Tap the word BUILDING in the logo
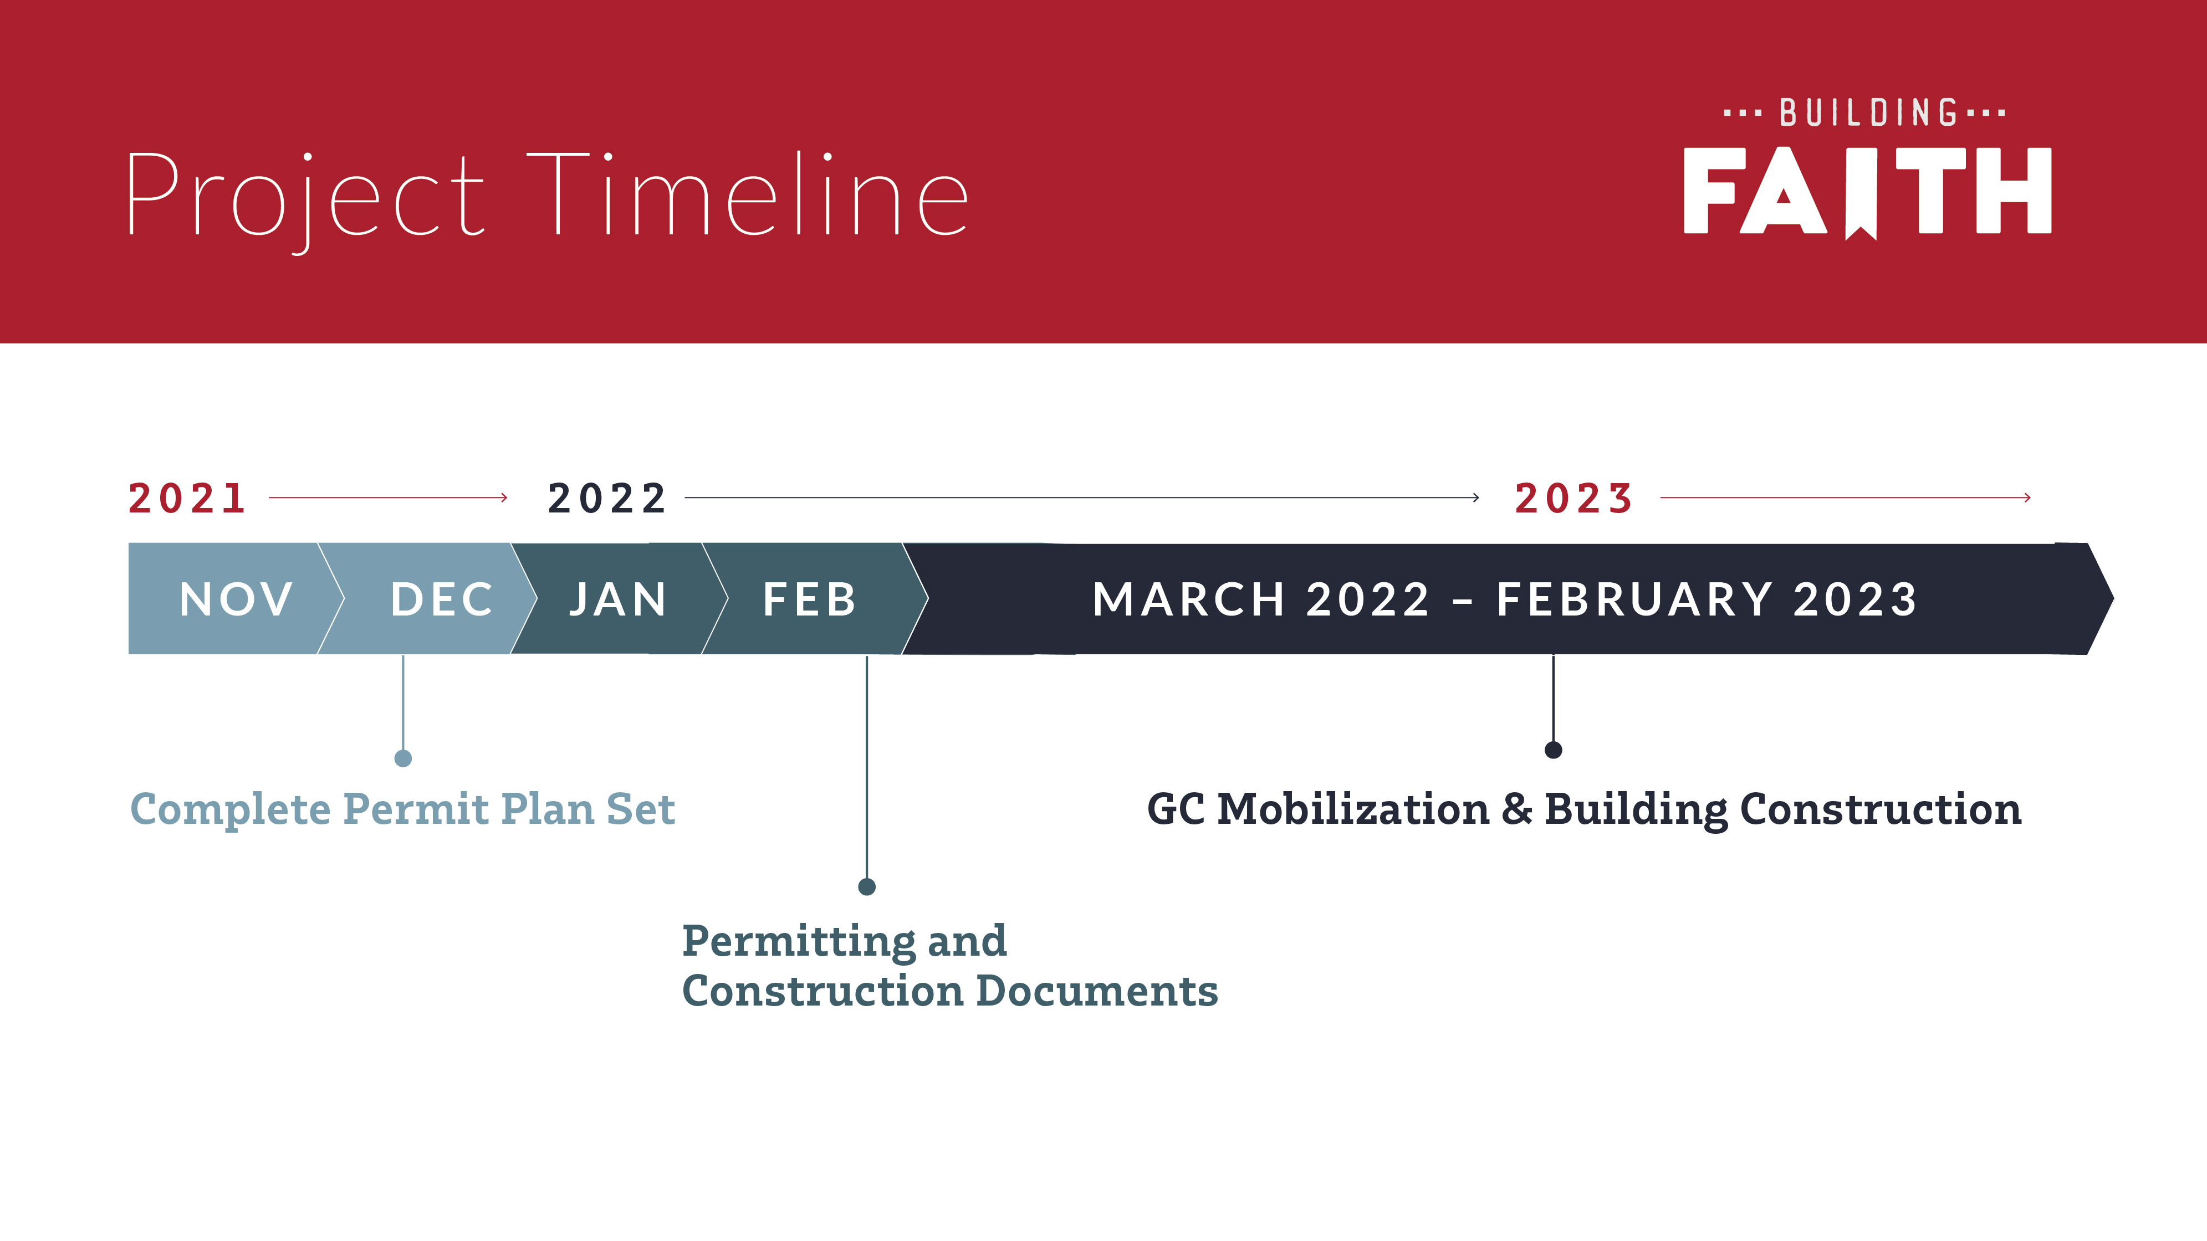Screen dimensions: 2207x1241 tap(1868, 113)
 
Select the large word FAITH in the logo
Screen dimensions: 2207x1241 tap(1868, 192)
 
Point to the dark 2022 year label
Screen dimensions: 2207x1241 tap(606, 499)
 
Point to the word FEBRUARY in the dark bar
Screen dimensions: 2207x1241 tap(1634, 599)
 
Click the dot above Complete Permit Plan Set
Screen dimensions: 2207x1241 tap(403, 758)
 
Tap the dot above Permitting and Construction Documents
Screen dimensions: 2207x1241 tap(867, 886)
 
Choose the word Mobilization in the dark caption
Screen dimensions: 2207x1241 tap(1353, 809)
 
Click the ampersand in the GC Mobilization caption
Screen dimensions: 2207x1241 tap(1516, 809)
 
